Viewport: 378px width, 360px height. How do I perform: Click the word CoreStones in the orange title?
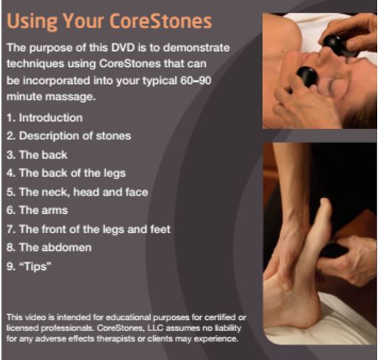tap(160, 21)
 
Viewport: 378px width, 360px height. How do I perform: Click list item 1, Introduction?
tap(44, 118)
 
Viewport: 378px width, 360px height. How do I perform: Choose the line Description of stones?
tap(69, 136)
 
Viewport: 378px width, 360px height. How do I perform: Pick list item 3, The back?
tap(37, 155)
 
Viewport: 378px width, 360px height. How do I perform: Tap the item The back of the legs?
tap(66, 173)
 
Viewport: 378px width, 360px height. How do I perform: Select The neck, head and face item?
tap(78, 192)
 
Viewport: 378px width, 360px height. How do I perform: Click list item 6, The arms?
tap(37, 210)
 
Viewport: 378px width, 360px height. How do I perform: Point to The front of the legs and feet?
tap(89, 229)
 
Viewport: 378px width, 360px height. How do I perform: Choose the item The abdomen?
tap(49, 247)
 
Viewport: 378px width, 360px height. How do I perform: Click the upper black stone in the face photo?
tap(334, 45)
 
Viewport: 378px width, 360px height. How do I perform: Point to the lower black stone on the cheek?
tap(306, 76)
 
